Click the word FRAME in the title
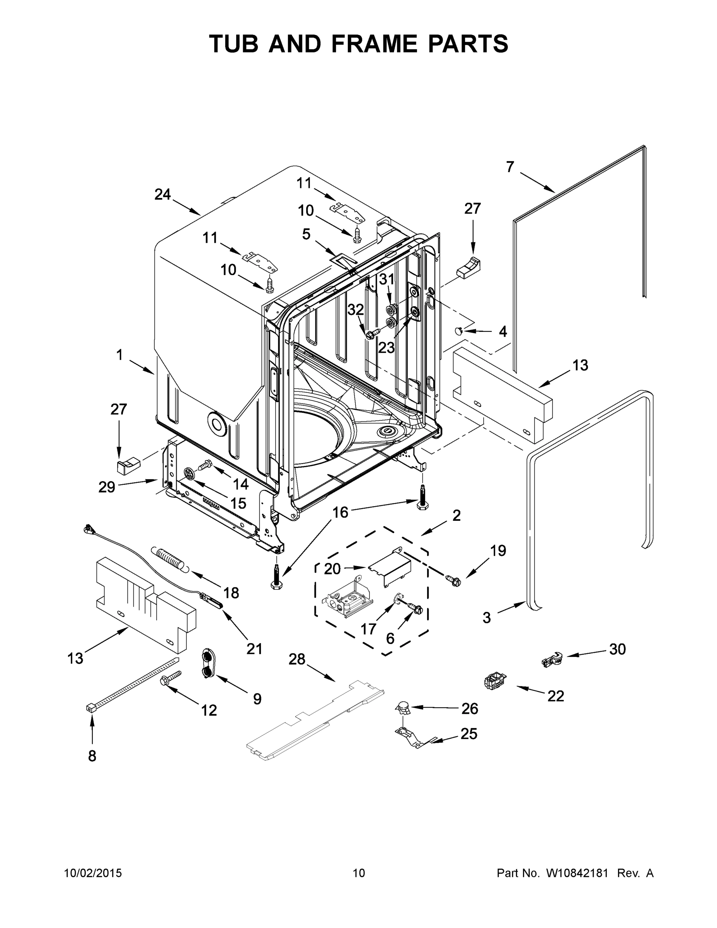[374, 44]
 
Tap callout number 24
[162, 194]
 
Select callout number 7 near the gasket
[510, 167]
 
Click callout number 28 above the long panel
[297, 659]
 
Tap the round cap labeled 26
[403, 708]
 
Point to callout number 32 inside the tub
[356, 310]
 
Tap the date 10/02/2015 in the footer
[93, 873]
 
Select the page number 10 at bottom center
[359, 873]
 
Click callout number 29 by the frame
[107, 487]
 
